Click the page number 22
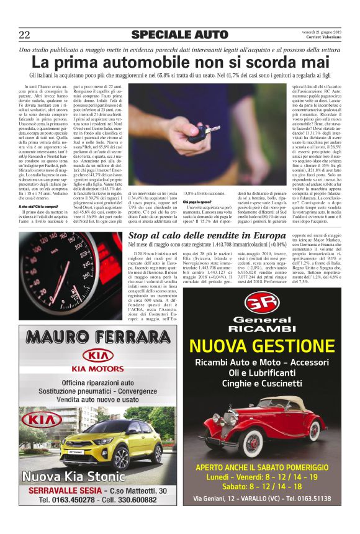(24, 34)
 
